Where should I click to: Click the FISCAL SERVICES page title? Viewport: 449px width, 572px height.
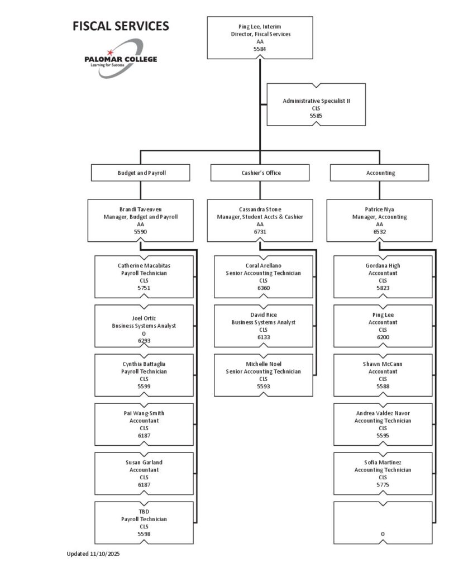tap(121, 26)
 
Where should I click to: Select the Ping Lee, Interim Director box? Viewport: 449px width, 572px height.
tap(260, 37)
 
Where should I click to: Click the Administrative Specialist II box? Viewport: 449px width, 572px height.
tap(316, 104)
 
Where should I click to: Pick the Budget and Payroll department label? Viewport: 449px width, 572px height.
tap(141, 173)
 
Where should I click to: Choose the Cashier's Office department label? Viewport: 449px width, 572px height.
tap(260, 173)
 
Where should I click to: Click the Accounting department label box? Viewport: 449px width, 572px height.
tap(380, 173)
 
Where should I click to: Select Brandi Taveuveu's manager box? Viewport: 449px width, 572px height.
tap(141, 221)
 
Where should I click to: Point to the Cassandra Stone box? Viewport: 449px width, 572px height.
tap(260, 221)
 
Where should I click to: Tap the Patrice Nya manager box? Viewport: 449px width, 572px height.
tap(380, 221)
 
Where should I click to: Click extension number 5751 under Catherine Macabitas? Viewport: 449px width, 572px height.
tap(145, 288)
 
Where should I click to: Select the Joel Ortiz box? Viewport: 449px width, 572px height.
tap(145, 326)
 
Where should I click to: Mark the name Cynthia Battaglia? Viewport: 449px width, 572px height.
tap(145, 364)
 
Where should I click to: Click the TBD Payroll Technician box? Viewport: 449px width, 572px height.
tap(145, 523)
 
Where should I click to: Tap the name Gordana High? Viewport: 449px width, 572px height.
tap(383, 266)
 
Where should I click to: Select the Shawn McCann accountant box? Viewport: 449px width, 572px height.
tap(383, 375)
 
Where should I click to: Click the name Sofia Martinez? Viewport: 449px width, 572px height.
tap(383, 463)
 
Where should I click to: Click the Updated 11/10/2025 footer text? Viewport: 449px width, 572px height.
tap(93, 554)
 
